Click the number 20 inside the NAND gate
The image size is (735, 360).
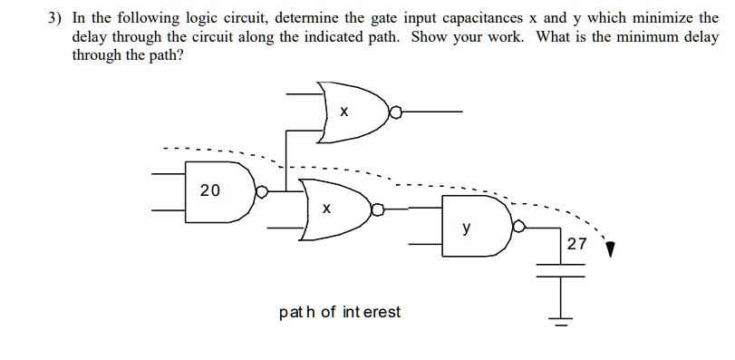(x=210, y=190)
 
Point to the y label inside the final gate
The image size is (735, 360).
(x=466, y=229)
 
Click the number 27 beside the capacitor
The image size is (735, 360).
(x=576, y=244)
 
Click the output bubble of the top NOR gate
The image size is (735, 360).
(x=394, y=113)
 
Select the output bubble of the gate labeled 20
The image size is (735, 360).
(x=262, y=191)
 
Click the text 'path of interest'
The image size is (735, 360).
(x=340, y=312)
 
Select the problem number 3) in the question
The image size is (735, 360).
(x=54, y=17)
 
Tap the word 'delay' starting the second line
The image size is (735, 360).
(x=91, y=36)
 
